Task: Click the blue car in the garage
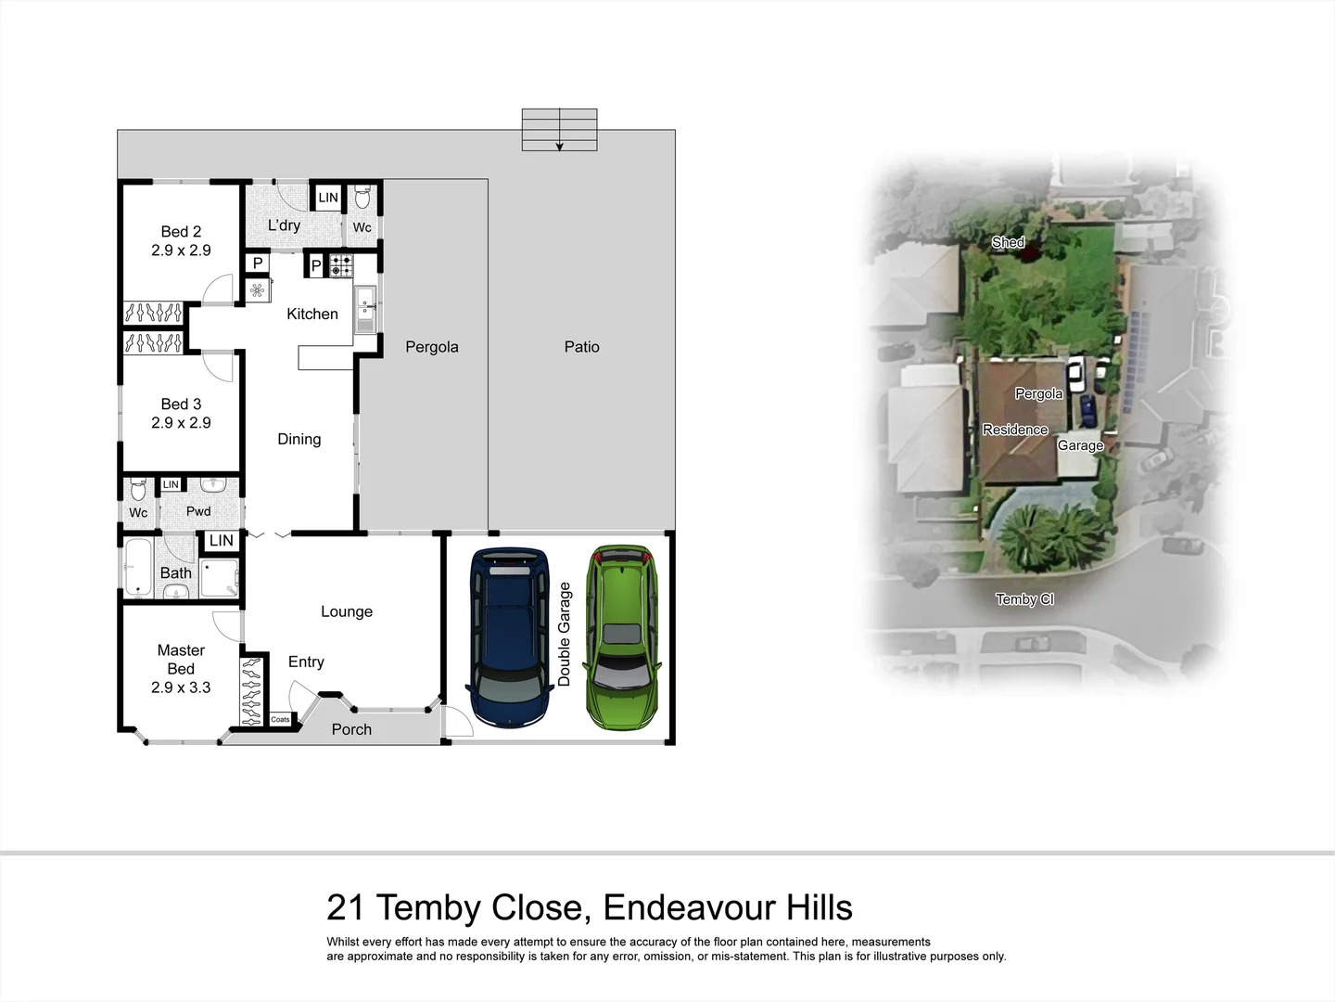tap(510, 637)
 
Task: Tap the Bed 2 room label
tap(181, 232)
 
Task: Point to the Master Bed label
tap(181, 660)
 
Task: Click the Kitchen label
tap(312, 315)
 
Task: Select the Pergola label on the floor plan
tap(432, 347)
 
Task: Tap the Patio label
tap(582, 347)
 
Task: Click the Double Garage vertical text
tap(565, 635)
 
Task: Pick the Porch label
tap(351, 730)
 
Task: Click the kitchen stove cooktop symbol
tap(340, 266)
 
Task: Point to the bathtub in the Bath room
tap(139, 566)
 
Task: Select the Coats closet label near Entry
tap(280, 719)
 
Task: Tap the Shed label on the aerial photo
tap(1008, 242)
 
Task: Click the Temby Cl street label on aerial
tap(1024, 599)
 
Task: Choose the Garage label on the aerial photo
tap(1080, 445)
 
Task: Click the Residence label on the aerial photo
tap(1015, 430)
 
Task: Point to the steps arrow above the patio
tap(559, 145)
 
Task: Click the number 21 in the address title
tap(346, 907)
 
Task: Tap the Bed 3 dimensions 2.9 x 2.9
tap(181, 423)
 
